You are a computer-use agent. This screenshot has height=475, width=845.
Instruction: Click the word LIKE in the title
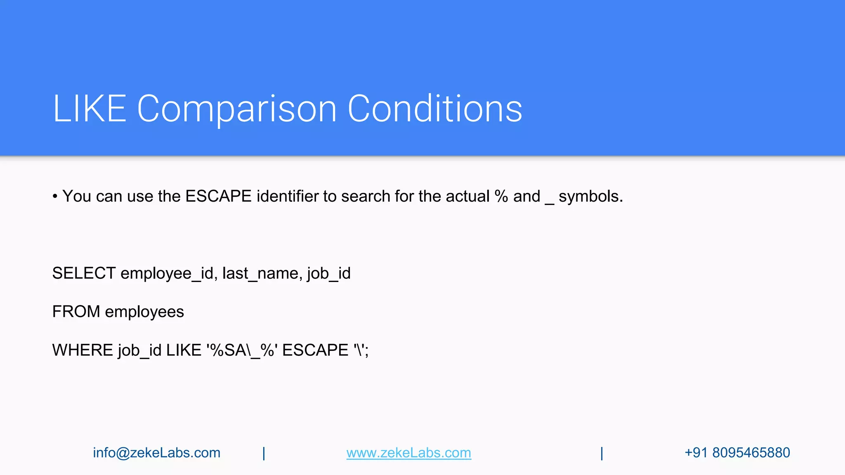click(x=90, y=108)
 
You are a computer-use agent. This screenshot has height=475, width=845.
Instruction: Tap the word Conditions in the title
click(x=435, y=108)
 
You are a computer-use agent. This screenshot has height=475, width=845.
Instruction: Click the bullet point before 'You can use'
click(x=55, y=197)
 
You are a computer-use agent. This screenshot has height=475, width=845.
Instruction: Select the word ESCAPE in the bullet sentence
click(x=218, y=196)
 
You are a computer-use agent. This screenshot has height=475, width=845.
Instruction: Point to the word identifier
click(x=287, y=196)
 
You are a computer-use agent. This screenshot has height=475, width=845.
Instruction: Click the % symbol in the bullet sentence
click(x=501, y=196)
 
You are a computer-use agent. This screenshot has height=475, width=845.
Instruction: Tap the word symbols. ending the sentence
click(x=590, y=197)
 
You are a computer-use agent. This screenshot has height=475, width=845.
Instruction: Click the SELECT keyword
click(x=84, y=273)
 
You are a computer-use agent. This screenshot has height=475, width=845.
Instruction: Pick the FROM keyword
click(x=76, y=312)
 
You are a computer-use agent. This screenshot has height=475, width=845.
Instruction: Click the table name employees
click(x=144, y=312)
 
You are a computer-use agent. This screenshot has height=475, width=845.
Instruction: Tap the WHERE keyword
click(x=83, y=350)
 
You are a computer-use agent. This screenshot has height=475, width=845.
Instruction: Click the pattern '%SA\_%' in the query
click(x=242, y=350)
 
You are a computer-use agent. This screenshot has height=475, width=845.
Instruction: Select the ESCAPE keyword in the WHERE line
click(x=315, y=350)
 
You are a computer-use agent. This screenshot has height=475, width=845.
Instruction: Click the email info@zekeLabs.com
click(x=156, y=453)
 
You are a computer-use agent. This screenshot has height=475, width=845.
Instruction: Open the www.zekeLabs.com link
click(x=408, y=453)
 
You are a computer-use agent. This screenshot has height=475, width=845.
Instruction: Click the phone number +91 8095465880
click(x=737, y=453)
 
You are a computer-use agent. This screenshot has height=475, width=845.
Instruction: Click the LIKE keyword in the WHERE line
click(x=184, y=350)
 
